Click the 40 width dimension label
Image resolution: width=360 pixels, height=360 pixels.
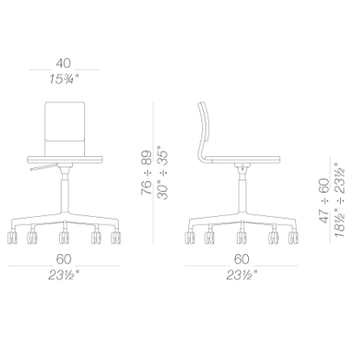(63, 63)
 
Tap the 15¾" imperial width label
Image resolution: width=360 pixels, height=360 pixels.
(63, 79)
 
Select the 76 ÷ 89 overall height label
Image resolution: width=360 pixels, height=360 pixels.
(147, 173)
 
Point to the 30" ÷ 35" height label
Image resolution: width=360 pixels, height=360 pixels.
(162, 174)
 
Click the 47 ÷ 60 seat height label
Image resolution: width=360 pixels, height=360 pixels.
(324, 200)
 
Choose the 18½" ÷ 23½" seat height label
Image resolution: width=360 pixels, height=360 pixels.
(339, 200)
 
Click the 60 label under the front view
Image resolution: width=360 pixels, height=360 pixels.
(63, 259)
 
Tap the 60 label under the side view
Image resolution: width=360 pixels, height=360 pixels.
(242, 259)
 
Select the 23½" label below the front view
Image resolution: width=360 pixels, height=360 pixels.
(63, 275)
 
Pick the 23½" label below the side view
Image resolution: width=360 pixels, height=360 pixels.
(242, 275)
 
